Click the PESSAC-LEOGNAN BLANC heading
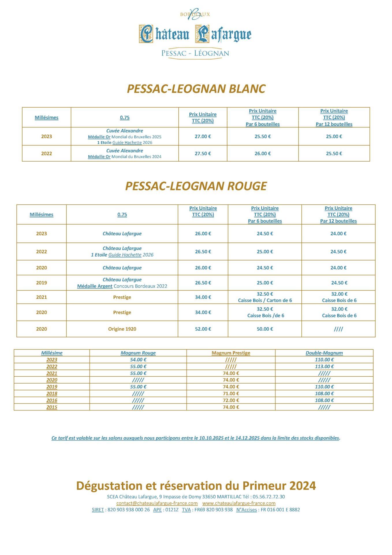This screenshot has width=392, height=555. (196, 89)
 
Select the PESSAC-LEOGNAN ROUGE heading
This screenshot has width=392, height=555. (196, 186)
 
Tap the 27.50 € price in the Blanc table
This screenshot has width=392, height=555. (203, 153)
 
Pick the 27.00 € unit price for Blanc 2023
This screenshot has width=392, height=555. (203, 136)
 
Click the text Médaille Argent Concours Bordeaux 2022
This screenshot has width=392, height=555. (122, 286)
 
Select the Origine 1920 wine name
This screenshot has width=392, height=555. (122, 329)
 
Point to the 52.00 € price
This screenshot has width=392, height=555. (203, 329)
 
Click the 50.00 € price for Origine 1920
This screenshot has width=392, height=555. (265, 329)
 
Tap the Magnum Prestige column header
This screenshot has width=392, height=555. (231, 353)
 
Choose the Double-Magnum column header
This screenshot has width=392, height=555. (324, 353)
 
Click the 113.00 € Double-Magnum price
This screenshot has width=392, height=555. (324, 367)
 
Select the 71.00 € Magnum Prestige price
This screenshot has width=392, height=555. (231, 393)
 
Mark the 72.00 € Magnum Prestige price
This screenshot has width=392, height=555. (231, 400)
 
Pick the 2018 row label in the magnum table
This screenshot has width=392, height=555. (52, 393)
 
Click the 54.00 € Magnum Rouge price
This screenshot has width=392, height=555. (138, 360)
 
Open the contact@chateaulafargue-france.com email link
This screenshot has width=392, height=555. (157, 503)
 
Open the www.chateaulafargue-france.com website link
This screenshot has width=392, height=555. (239, 503)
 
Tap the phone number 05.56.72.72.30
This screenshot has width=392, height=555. (268, 497)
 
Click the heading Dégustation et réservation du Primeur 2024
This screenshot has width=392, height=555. (196, 486)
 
